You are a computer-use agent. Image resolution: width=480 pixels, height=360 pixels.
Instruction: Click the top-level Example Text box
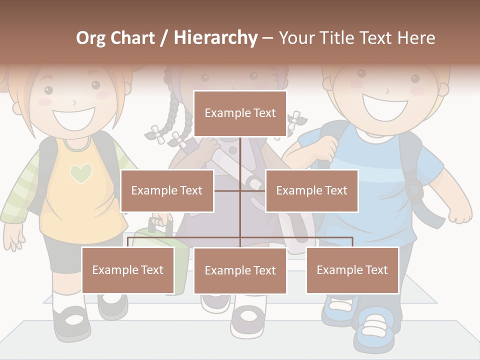[240, 113]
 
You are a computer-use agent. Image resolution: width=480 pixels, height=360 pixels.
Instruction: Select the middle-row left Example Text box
[167, 190]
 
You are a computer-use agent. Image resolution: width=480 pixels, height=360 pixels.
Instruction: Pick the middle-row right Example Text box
[311, 190]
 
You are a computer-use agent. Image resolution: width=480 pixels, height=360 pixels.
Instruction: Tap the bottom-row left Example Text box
[128, 270]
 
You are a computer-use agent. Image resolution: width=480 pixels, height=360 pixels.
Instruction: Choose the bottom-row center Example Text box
[240, 270]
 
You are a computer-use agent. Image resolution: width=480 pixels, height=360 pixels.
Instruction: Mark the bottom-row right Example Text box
[352, 270]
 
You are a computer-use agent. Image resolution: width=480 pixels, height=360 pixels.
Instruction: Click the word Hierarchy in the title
[215, 38]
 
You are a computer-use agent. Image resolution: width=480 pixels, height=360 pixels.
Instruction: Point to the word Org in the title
[90, 38]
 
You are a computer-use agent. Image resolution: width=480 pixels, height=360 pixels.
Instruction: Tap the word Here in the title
[416, 38]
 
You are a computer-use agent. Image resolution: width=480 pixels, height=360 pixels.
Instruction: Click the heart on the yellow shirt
[81, 173]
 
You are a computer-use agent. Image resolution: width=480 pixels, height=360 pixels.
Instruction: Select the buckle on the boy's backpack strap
[413, 190]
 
